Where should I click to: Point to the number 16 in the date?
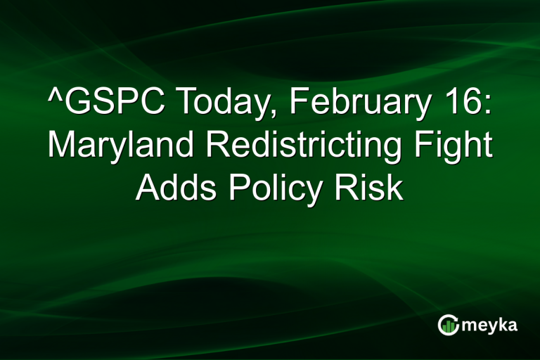click(461, 105)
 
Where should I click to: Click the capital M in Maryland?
click(62, 146)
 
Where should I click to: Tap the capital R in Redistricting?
click(226, 146)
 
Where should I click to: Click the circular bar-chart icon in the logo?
click(448, 325)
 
